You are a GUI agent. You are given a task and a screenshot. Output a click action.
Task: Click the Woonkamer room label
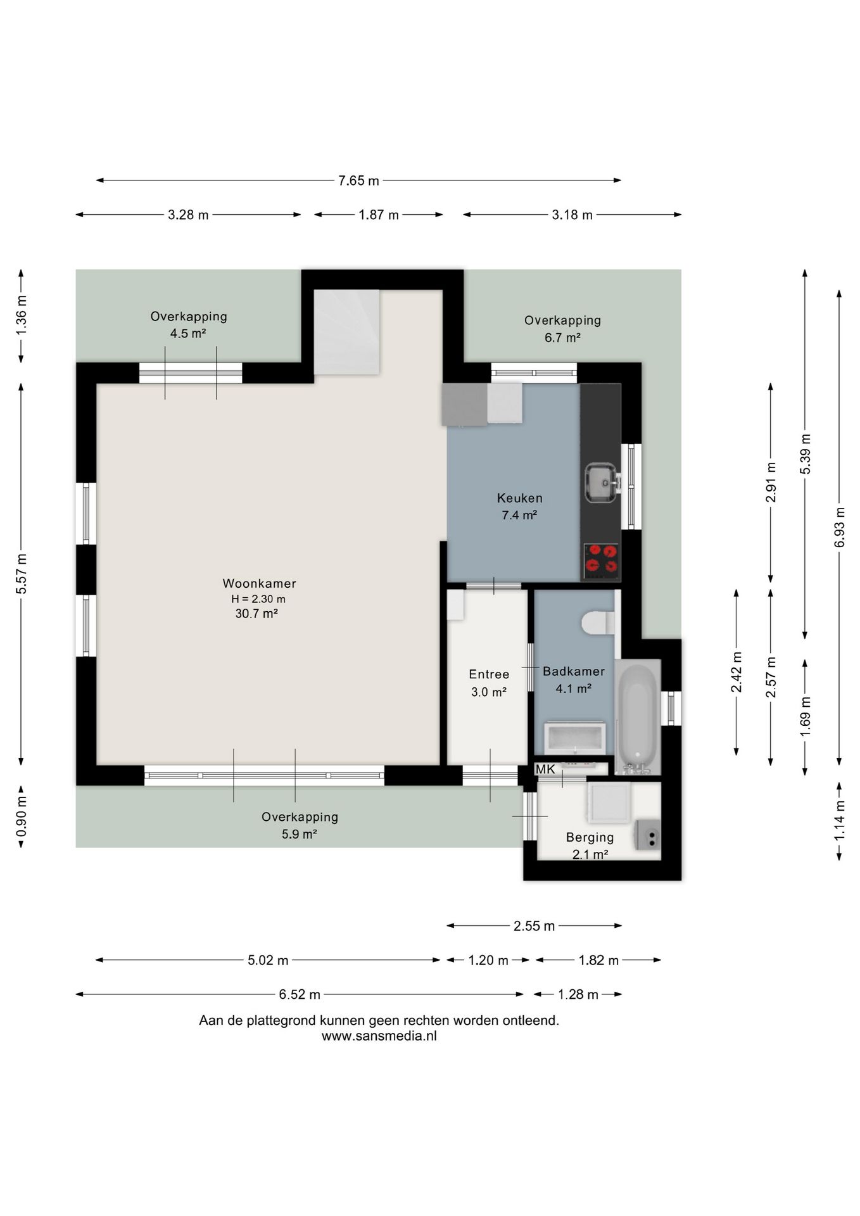(x=259, y=583)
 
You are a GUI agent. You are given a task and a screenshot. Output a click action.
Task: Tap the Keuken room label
(x=519, y=498)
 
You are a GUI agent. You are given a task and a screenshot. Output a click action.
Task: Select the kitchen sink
(x=601, y=483)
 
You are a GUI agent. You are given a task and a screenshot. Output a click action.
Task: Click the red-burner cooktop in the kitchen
(x=601, y=560)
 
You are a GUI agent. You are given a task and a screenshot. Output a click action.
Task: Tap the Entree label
(x=489, y=674)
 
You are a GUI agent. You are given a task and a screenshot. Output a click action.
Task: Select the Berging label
(x=590, y=837)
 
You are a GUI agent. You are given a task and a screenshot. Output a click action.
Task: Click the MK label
(x=545, y=769)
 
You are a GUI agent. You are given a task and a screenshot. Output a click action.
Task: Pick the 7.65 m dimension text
(x=358, y=180)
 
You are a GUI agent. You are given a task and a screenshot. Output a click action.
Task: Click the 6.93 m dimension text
(x=840, y=528)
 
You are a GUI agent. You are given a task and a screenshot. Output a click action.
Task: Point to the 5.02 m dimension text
(x=268, y=960)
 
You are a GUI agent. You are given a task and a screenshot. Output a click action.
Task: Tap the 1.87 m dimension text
(x=379, y=215)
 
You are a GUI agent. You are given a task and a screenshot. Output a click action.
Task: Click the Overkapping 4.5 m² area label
(x=189, y=325)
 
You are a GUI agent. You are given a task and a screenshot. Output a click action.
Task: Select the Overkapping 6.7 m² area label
(x=562, y=329)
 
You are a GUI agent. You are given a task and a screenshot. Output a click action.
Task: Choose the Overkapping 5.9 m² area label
(x=300, y=825)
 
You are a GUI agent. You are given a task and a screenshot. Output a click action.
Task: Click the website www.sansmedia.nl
(x=379, y=1036)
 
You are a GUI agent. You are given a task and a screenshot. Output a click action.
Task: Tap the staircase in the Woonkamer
(x=346, y=332)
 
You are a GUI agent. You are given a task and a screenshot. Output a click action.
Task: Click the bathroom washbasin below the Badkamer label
(x=575, y=738)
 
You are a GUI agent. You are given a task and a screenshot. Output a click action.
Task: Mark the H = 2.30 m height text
(x=258, y=598)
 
